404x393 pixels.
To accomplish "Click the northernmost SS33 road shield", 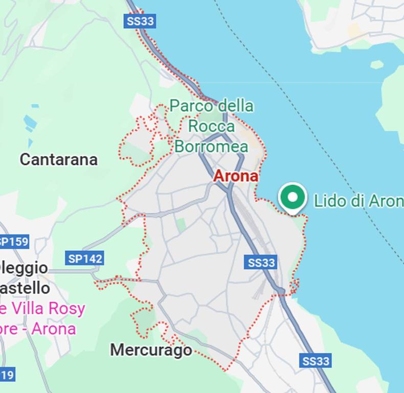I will click(x=140, y=21).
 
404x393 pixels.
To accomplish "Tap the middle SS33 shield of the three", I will click(x=261, y=263).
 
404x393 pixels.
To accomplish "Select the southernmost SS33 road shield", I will click(x=316, y=361).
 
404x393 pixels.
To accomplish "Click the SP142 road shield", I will click(x=85, y=258).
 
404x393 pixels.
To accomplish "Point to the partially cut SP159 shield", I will click(x=14, y=241).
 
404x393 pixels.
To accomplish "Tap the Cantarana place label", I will click(x=58, y=160).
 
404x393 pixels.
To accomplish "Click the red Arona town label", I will click(x=235, y=176).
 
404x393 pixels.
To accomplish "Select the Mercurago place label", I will click(x=151, y=350).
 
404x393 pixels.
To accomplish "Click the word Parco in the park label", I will click(x=191, y=106).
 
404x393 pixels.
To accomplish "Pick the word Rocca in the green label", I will click(x=211, y=126).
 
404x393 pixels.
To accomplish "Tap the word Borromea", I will click(x=211, y=146).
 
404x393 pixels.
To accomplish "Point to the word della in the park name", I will click(x=236, y=106).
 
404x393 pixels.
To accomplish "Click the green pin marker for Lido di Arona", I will click(x=293, y=198).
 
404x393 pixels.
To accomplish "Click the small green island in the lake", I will click(x=377, y=64).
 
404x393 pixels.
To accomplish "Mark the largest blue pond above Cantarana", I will click(x=30, y=122).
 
